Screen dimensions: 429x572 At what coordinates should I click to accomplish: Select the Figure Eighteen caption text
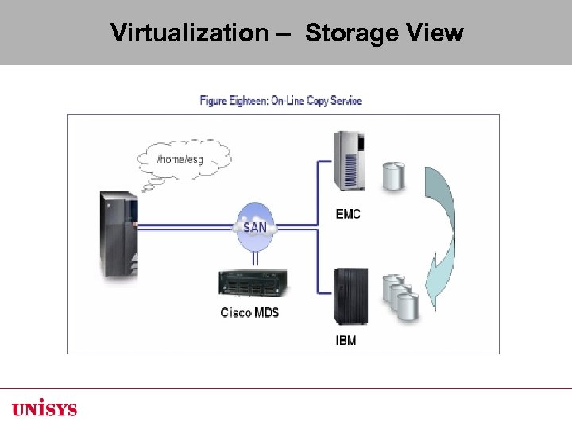tap(280, 101)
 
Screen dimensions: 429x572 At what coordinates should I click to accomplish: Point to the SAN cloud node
tap(255, 226)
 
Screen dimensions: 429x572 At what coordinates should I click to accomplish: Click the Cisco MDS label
tap(249, 312)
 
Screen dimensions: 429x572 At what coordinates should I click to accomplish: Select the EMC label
tap(349, 214)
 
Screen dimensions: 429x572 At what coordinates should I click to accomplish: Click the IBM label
tap(346, 341)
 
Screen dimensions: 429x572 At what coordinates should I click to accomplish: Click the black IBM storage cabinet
tap(350, 296)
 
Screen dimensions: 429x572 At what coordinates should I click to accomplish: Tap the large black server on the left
tap(118, 234)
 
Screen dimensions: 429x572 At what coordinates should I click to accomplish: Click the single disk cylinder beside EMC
tap(394, 176)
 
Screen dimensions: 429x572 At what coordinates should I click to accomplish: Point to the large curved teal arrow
tap(441, 226)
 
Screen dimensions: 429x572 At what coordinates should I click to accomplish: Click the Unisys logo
tap(44, 409)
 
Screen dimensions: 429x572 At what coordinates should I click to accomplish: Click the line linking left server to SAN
tap(187, 226)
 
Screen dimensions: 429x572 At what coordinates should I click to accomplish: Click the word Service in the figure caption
tap(346, 101)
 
